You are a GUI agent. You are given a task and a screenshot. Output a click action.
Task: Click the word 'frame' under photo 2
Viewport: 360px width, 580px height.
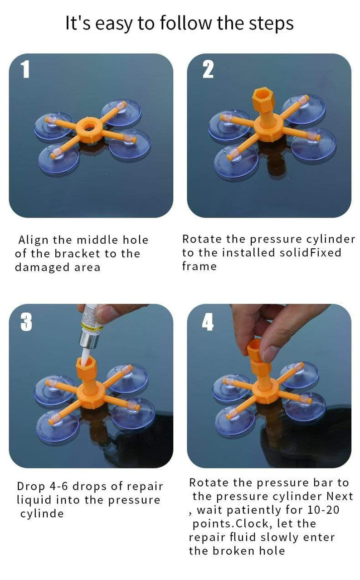(x=199, y=266)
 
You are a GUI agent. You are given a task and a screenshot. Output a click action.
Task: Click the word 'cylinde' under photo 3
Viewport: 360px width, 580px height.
(x=42, y=514)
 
